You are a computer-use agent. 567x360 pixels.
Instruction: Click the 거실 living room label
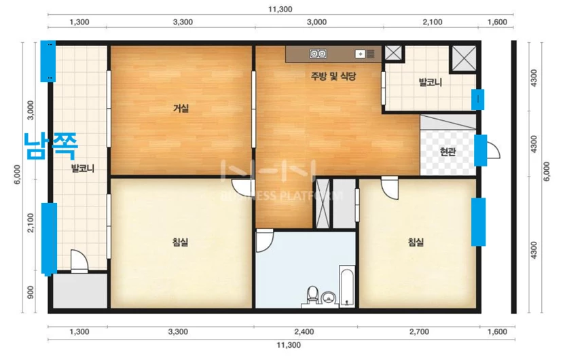(181, 108)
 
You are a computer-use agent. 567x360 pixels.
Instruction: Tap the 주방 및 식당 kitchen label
(333, 76)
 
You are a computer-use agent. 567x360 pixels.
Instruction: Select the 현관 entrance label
(447, 151)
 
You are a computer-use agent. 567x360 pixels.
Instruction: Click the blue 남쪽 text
(51, 146)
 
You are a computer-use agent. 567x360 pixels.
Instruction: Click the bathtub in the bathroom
(347, 286)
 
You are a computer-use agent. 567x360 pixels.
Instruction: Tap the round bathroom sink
(329, 298)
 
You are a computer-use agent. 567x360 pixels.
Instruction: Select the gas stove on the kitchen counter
(318, 54)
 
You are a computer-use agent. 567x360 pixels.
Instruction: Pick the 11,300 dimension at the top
(280, 10)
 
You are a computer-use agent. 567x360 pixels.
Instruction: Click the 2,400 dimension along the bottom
(304, 331)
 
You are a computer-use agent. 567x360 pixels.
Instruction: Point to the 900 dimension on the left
(31, 292)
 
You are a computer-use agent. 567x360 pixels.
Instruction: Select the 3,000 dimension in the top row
(316, 22)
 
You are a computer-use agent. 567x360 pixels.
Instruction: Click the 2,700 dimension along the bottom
(419, 331)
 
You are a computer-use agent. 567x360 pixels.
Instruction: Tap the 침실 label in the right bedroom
(416, 242)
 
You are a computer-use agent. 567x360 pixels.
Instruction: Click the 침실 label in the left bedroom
(180, 242)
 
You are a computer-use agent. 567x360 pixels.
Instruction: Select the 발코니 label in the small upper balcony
(431, 82)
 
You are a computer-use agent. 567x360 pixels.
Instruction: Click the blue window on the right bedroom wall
(479, 222)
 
